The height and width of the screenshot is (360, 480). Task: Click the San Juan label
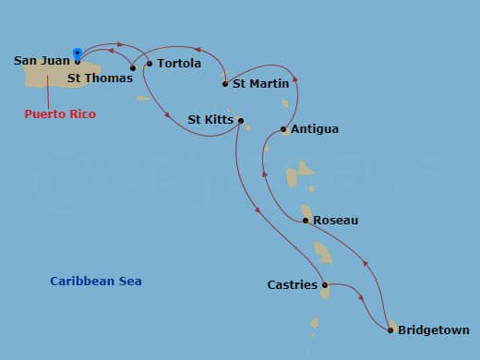pos(42,61)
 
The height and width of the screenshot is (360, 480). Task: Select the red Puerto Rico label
pos(60,114)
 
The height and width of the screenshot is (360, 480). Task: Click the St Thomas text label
pos(93,78)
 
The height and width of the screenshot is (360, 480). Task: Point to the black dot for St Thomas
pos(133,67)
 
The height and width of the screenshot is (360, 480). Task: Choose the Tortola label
pos(179,64)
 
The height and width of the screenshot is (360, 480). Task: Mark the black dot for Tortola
pos(150,64)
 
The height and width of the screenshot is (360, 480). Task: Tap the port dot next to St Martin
pos(225,84)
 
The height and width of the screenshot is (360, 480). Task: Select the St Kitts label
pos(210,120)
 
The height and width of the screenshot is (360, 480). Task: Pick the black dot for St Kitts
pos(240,120)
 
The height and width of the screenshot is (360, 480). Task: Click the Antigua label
pos(315,129)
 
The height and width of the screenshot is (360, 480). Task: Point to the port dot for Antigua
pos(284,129)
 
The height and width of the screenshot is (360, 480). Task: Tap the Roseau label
pos(336,221)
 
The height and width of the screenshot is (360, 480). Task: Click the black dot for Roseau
pos(306,221)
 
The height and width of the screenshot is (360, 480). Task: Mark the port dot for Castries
pos(325,285)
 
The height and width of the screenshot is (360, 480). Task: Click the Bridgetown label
pos(434,330)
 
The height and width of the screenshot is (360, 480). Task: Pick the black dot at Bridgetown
pos(391,330)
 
